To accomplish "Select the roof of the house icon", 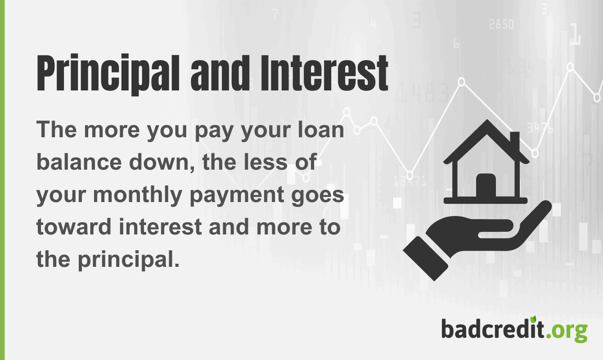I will tap(486, 135).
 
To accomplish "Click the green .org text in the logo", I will tap(568, 331).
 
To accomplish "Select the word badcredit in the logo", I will tap(492, 329).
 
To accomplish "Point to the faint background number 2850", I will tap(501, 25).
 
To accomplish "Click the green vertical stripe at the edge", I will tap(2, 180).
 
